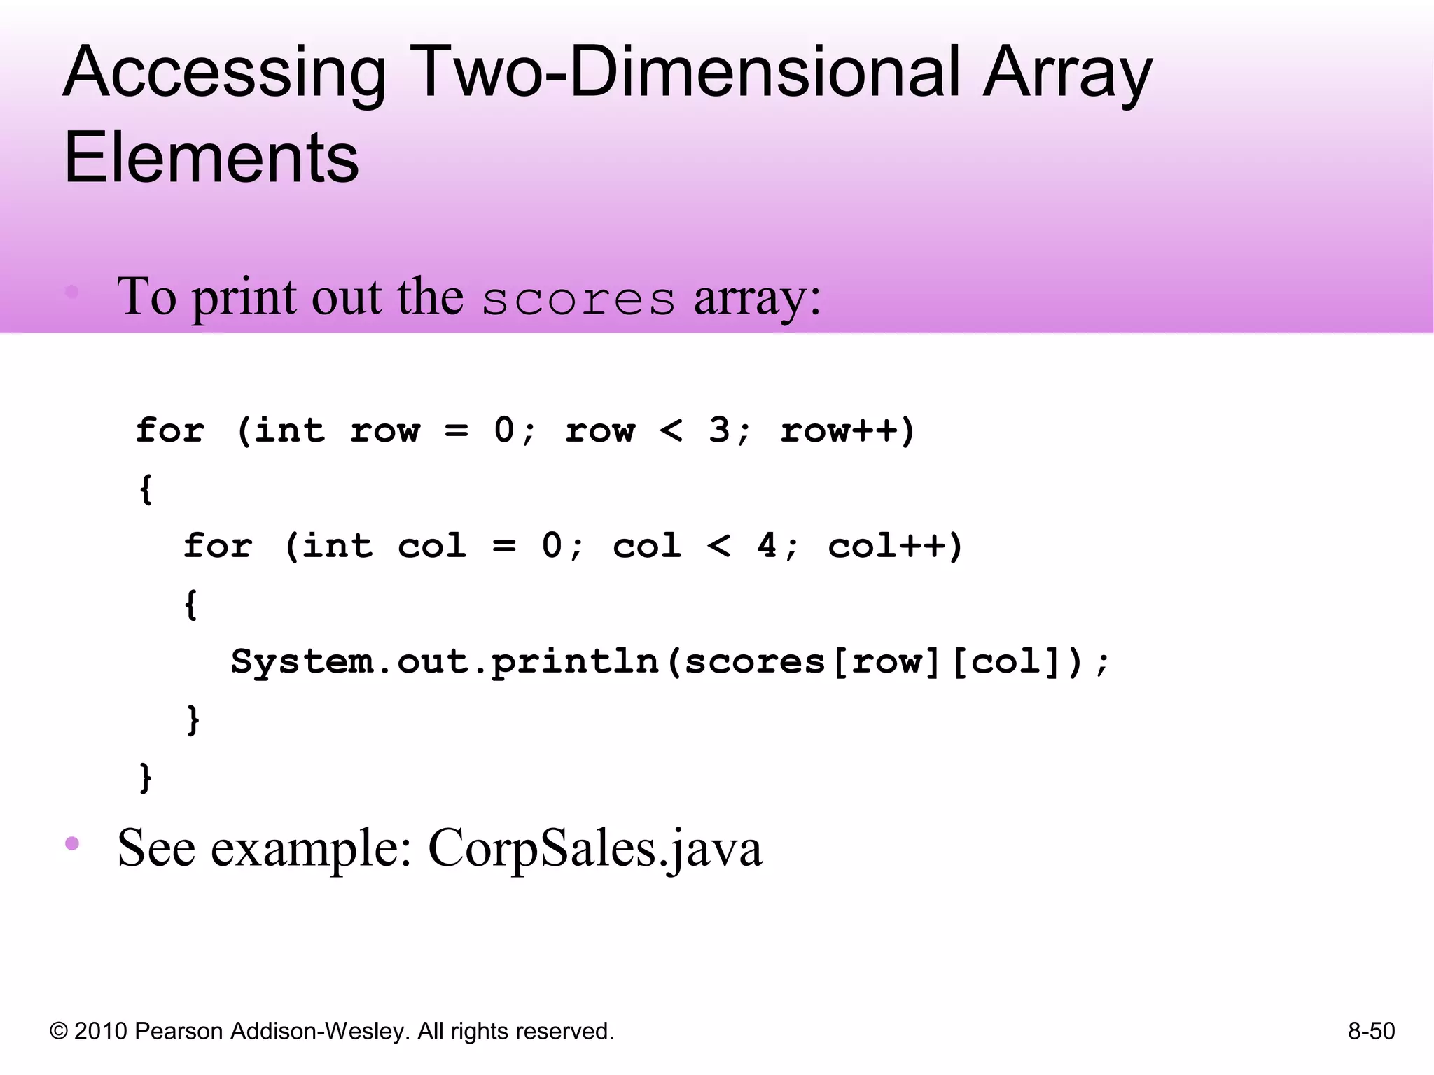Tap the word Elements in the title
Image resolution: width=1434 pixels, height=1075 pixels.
click(x=211, y=158)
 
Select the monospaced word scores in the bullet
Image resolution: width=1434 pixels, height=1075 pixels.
click(x=578, y=300)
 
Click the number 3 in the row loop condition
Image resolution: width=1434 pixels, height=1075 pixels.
click(x=719, y=429)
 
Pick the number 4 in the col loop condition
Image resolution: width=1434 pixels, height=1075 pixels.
click(x=767, y=544)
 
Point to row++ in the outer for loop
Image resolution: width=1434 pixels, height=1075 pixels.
click(x=847, y=430)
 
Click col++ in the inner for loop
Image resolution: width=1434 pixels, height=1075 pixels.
click(x=895, y=545)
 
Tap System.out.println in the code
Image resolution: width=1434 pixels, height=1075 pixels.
click(x=445, y=661)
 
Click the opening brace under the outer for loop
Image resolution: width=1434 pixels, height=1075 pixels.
click(x=146, y=489)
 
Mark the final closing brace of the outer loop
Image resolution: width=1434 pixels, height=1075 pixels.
click(x=146, y=778)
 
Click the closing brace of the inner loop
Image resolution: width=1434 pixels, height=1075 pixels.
click(x=193, y=719)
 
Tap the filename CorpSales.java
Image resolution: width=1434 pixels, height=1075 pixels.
click(x=594, y=848)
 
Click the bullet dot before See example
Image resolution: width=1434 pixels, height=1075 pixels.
click(x=72, y=843)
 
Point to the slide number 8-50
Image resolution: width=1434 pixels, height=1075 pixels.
click(x=1371, y=1031)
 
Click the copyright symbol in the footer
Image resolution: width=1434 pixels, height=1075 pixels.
click(x=59, y=1031)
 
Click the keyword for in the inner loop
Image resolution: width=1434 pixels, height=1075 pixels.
click(x=218, y=545)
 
